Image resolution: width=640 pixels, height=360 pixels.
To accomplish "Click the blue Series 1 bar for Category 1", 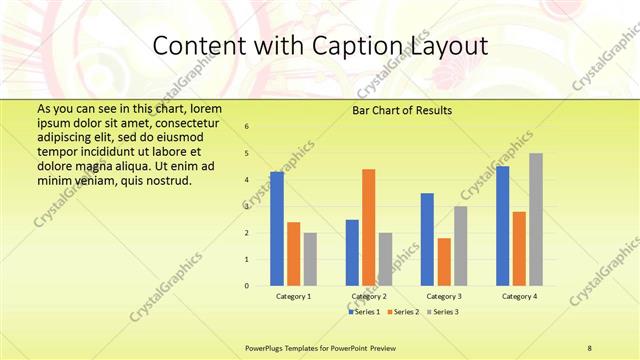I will (277, 229).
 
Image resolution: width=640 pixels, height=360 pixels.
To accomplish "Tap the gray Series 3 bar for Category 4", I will (536, 219).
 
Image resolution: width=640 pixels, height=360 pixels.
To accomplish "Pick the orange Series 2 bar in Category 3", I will (444, 262).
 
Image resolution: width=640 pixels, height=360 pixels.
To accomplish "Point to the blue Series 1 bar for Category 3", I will (427, 239).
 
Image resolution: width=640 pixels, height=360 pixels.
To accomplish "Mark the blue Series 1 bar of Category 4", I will (502, 226).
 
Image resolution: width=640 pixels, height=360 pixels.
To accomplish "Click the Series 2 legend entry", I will (404, 312).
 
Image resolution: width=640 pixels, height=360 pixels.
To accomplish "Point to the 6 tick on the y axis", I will (247, 127).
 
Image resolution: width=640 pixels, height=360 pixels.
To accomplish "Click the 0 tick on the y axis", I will (247, 286).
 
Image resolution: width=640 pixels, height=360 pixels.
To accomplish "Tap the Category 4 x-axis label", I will (519, 297).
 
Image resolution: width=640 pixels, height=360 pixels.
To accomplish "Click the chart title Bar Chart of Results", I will (402, 110).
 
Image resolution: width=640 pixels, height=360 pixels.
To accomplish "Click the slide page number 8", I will (589, 347).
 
